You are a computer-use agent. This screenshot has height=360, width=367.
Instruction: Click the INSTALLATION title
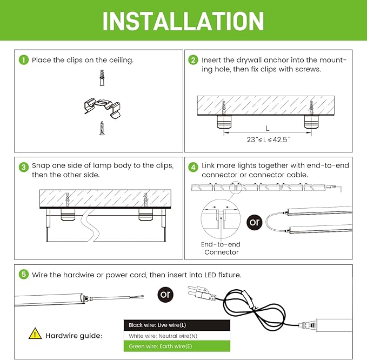[183, 21]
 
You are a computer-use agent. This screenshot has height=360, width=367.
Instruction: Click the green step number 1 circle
[23, 60]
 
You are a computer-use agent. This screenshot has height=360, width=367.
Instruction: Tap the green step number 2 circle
[193, 60]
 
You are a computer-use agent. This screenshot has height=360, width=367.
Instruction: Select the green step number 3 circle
[23, 166]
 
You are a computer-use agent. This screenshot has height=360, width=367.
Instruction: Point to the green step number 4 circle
[193, 166]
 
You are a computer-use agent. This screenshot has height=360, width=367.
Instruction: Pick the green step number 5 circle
[23, 275]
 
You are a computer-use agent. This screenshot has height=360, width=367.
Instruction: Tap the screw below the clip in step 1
[101, 128]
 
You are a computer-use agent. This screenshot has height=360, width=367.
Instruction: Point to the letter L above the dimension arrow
[267, 128]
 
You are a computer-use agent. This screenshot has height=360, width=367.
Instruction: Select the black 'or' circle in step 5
[166, 295]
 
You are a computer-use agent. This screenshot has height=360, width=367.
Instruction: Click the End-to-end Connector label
[221, 249]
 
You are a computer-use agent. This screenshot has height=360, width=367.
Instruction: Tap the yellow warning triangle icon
[35, 334]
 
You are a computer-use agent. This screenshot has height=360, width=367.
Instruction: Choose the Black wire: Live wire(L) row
[177, 325]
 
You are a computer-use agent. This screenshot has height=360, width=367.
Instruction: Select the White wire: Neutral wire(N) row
[177, 336]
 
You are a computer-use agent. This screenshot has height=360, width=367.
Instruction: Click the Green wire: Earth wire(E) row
[177, 346]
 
